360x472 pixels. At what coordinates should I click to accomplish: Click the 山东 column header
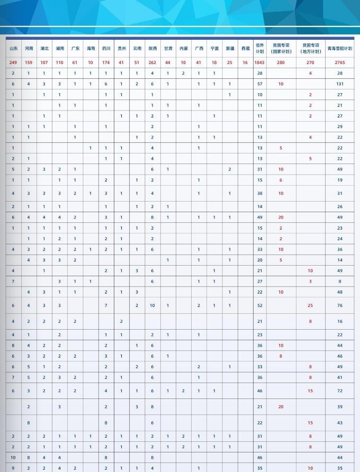[13, 48]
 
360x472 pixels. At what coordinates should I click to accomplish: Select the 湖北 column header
[44, 48]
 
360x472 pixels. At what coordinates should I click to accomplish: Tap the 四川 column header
[106, 48]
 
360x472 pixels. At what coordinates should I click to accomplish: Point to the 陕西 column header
[152, 48]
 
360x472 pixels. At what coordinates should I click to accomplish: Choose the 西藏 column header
[245, 48]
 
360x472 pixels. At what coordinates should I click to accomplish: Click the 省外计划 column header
[259, 48]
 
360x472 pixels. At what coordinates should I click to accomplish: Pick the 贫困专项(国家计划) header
[281, 48]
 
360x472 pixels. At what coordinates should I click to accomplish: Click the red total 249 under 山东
[13, 62]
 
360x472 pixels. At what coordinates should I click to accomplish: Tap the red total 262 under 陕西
[152, 62]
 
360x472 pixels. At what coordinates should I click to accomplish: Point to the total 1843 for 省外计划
[259, 62]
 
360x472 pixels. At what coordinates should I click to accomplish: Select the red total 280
[281, 62]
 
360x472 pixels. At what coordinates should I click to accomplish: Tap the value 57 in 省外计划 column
[259, 84]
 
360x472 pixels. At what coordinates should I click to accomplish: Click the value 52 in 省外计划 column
[259, 305]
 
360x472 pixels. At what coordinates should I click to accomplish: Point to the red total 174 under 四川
[106, 62]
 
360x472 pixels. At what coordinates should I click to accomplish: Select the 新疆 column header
[229, 48]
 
